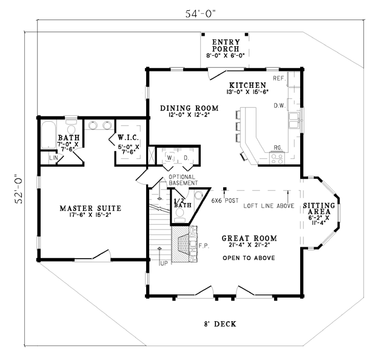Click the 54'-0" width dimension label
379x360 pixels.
[200, 13]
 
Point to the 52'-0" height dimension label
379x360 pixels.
[19, 189]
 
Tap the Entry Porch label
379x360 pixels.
[226, 45]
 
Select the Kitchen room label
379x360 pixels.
[247, 85]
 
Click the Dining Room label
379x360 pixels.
[189, 108]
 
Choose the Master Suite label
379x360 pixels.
[90, 208]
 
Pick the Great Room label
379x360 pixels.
[249, 238]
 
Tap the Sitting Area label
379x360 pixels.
[319, 208]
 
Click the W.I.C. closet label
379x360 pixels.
[129, 138]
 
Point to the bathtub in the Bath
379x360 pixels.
[49, 135]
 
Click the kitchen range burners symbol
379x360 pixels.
[277, 159]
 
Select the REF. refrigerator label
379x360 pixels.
[280, 78]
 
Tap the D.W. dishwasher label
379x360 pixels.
[280, 105]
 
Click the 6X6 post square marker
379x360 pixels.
[225, 188]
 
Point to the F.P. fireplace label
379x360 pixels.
[204, 246]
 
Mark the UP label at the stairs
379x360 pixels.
[164, 264]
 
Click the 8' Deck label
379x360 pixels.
[220, 324]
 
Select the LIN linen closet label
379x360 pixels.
[53, 158]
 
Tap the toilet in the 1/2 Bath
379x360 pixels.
[179, 215]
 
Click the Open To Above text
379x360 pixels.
[249, 258]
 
